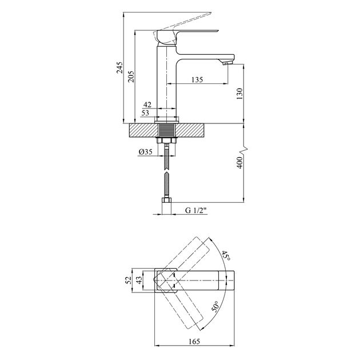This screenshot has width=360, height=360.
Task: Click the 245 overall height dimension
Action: pyautogui.click(x=119, y=67)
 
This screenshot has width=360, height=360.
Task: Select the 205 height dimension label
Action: pyautogui.click(x=131, y=77)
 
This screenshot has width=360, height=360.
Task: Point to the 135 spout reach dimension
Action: pyautogui.click(x=197, y=79)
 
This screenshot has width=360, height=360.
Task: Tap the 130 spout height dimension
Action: pyautogui.click(x=239, y=93)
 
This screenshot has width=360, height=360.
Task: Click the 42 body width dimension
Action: pyautogui.click(x=147, y=105)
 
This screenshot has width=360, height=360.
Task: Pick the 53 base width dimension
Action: pyautogui.click(x=145, y=113)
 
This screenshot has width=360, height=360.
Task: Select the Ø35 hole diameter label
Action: pyautogui.click(x=146, y=152)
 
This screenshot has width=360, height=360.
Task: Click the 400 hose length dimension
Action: pyautogui.click(x=239, y=162)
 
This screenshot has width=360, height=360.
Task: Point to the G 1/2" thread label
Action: pyautogui.click(x=196, y=210)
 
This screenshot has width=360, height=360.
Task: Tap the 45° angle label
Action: pyautogui.click(x=226, y=256)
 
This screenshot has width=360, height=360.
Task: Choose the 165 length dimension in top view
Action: pyautogui.click(x=194, y=341)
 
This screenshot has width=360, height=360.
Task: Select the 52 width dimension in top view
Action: pyautogui.click(x=129, y=280)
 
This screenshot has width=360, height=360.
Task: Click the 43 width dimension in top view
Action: pyautogui.click(x=139, y=280)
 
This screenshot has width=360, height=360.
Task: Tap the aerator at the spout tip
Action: pyautogui.click(x=227, y=63)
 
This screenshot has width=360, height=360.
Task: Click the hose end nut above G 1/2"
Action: pyautogui.click(x=167, y=200)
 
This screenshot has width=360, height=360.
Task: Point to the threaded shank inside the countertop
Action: pyautogui.click(x=167, y=131)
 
